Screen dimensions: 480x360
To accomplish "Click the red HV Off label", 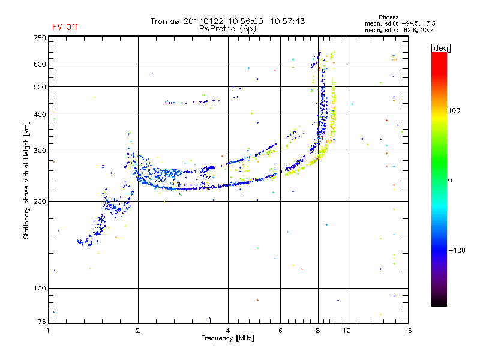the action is pyautogui.click(x=65, y=27).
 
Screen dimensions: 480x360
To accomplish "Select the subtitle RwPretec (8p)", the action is pyautogui.click(x=227, y=29).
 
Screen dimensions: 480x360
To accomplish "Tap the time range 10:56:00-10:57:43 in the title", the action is pyautogui.click(x=266, y=21).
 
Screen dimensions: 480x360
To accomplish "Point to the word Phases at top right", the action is pyautogui.click(x=388, y=17).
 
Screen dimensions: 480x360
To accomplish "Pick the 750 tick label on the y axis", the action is pyautogui.click(x=40, y=38).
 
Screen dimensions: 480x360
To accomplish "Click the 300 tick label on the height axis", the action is pyautogui.click(x=40, y=151).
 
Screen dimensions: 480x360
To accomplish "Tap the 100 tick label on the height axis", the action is pyautogui.click(x=40, y=288).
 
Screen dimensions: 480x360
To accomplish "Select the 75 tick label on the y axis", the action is pyautogui.click(x=41, y=322).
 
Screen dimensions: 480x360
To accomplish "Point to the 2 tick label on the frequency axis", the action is pyautogui.click(x=138, y=331).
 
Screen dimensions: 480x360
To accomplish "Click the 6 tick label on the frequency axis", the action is pyautogui.click(x=280, y=331).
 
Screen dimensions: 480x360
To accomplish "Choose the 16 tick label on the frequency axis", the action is pyautogui.click(x=408, y=331).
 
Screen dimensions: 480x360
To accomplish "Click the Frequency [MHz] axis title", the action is pyautogui.click(x=227, y=338).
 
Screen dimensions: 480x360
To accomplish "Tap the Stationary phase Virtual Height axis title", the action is pyautogui.click(x=26, y=180).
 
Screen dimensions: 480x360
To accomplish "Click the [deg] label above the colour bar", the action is pyautogui.click(x=440, y=48).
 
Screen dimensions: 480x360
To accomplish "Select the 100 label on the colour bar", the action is pyautogui.click(x=454, y=110).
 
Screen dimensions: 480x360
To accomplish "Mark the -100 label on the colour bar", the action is pyautogui.click(x=457, y=250).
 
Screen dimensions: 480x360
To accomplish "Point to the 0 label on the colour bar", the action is pyautogui.click(x=450, y=181).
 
